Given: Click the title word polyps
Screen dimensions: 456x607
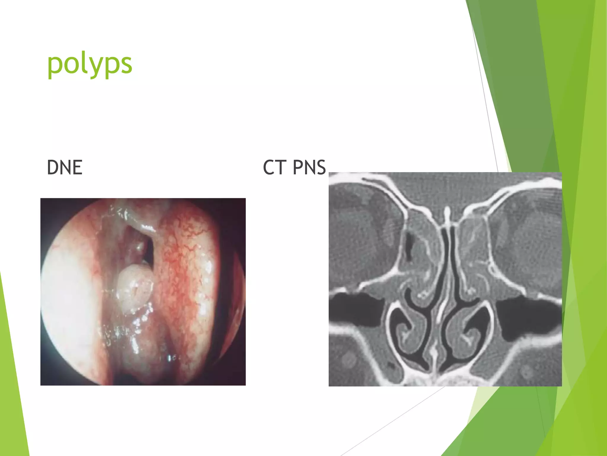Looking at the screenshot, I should (x=90, y=64).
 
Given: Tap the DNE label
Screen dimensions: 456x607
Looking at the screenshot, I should (x=65, y=167).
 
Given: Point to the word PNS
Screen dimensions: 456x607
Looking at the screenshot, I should (x=309, y=167).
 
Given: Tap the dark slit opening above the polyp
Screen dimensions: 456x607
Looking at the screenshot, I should (x=148, y=246).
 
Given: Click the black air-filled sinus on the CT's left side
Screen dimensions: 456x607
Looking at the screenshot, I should (x=354, y=309).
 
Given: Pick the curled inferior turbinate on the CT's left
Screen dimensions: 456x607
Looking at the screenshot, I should (x=408, y=330).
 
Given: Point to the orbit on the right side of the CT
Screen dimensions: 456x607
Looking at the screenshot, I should (x=528, y=237).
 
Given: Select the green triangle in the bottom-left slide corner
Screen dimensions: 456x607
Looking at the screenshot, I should (x=12, y=386).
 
